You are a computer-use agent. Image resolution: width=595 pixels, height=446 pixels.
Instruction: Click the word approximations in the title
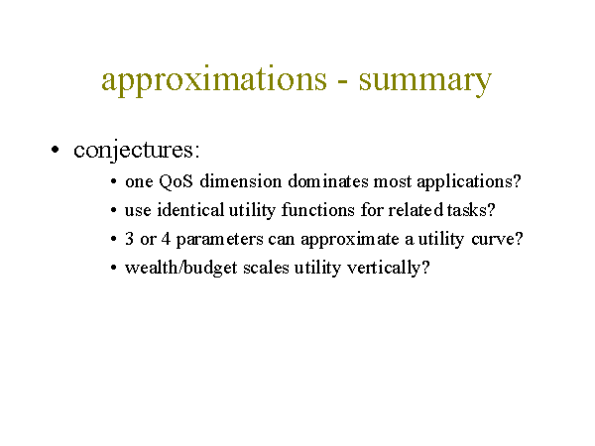214,80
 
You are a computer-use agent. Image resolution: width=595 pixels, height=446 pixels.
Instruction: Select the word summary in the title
425,82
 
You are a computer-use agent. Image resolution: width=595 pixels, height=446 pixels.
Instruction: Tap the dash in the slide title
343,82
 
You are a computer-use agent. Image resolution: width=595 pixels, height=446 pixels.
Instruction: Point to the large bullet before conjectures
55,150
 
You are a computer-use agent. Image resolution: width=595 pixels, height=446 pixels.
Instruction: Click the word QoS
176,181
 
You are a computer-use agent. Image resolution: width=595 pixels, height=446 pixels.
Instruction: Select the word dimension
241,181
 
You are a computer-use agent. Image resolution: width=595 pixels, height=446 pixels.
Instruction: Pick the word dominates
328,181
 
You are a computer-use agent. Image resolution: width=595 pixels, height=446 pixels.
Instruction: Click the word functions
318,210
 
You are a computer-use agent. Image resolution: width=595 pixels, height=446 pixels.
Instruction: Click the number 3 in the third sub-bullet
129,239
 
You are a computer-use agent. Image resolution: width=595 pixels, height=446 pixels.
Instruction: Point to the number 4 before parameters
166,239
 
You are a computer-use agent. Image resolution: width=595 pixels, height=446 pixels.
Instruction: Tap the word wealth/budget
181,268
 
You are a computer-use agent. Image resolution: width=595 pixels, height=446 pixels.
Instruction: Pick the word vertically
384,269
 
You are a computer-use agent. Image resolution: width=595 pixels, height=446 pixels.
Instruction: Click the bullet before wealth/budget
113,268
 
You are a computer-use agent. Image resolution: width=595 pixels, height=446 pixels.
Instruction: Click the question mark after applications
517,181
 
